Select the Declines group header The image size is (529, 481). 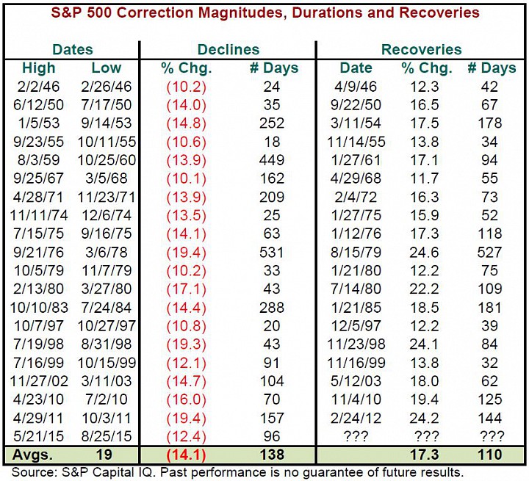point(228,50)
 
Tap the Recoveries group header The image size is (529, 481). point(422,50)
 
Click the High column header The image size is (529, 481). point(38,68)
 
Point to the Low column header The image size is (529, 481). point(107,68)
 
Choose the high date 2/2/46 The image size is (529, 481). point(38,87)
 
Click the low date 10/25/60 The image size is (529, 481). point(107,160)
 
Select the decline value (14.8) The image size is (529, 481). point(186,123)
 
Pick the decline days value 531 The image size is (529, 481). point(272,253)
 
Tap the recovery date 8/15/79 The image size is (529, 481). point(356,253)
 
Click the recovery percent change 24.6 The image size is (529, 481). point(425,253)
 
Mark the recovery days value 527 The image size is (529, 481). point(489,253)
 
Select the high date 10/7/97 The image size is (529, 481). point(38,326)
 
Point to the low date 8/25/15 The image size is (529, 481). point(107,436)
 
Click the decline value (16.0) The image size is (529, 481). point(186,399)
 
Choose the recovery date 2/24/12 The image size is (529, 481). point(356,418)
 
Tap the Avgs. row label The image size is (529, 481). point(33,455)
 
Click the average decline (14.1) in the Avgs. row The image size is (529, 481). point(186,455)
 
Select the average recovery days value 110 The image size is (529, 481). point(490,455)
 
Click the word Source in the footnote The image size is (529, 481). point(33,472)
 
